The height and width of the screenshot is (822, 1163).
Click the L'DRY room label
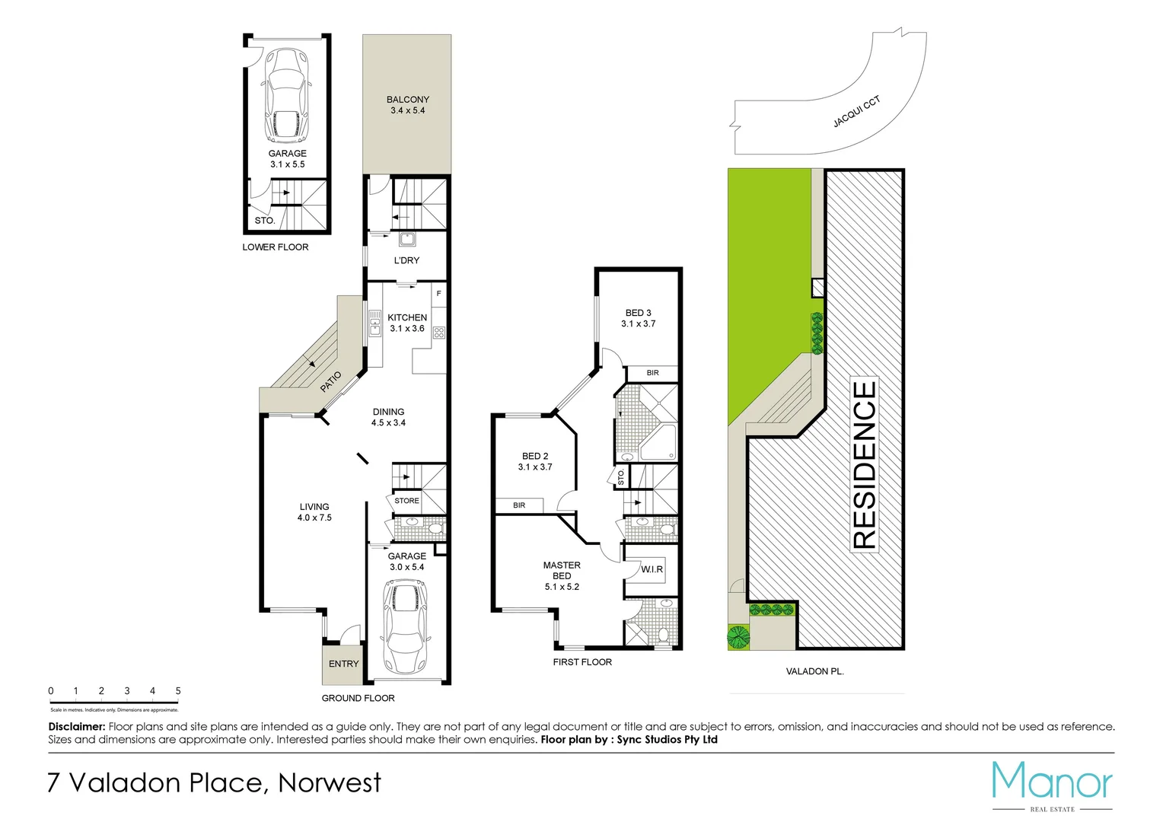tap(406, 260)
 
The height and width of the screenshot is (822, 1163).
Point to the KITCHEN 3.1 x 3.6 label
tap(407, 323)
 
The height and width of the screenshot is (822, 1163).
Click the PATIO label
tap(330, 381)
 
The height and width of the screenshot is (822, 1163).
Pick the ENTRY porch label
tap(343, 664)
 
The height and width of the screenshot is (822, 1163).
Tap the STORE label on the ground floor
tap(406, 501)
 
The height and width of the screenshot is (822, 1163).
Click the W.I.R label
tap(652, 569)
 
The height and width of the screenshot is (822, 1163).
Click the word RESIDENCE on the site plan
tap(864, 464)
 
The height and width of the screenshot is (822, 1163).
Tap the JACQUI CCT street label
tap(856, 112)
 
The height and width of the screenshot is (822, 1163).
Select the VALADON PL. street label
tap(814, 671)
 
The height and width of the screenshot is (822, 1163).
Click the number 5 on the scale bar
tap(178, 691)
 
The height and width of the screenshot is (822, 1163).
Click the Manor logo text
tap(1052, 782)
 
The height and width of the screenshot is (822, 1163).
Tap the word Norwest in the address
tap(330, 782)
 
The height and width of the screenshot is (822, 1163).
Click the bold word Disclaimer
tap(76, 727)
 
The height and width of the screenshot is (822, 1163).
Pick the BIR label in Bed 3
tap(652, 373)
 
